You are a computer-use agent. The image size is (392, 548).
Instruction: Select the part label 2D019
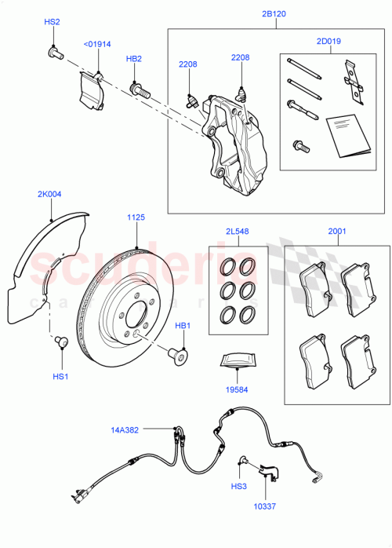(x=328, y=40)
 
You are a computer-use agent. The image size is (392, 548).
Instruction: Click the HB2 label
(x=134, y=59)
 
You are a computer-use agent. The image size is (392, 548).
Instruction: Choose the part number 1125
(x=136, y=217)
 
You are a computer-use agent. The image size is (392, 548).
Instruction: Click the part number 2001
(x=336, y=232)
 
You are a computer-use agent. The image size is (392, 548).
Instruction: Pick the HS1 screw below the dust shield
(x=61, y=342)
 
